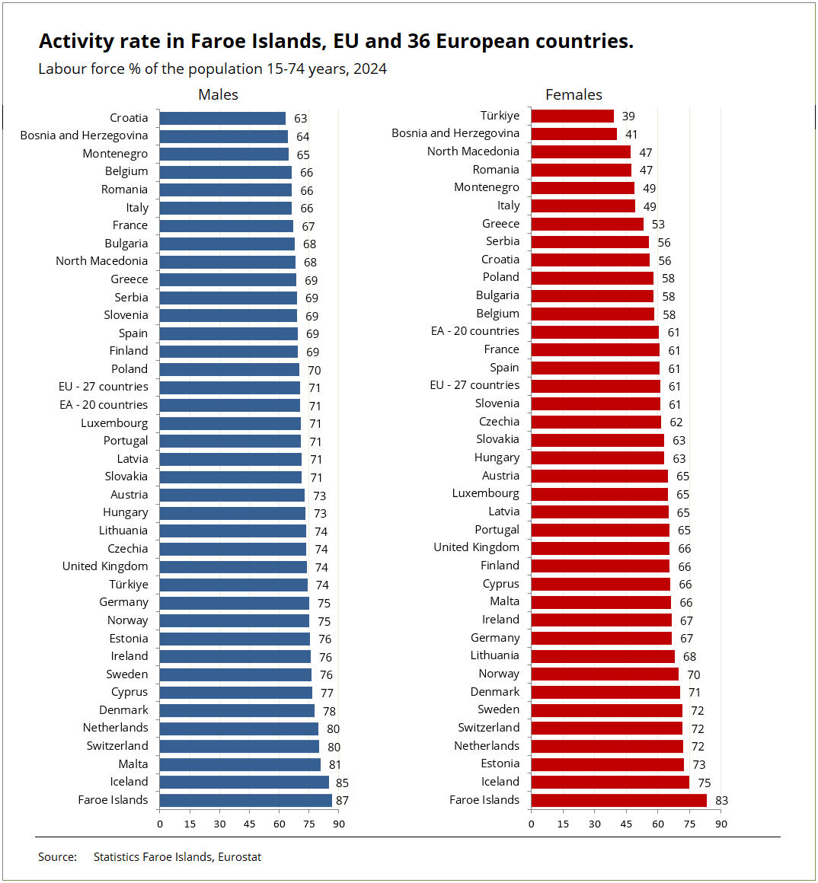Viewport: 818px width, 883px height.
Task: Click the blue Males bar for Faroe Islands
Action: click(245, 800)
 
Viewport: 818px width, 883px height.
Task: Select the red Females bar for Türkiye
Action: click(572, 116)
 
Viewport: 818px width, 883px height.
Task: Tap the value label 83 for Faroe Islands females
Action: click(721, 801)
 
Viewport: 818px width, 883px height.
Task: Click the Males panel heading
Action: click(218, 94)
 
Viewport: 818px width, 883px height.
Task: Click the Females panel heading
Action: click(574, 94)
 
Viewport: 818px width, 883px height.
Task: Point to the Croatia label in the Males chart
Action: click(129, 118)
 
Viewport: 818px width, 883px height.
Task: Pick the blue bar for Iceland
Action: click(244, 783)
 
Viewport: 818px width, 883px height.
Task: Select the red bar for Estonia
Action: click(607, 764)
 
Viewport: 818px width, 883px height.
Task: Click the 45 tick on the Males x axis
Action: click(250, 824)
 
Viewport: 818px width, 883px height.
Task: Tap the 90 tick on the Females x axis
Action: click(721, 824)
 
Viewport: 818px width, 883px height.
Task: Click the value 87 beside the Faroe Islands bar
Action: click(342, 801)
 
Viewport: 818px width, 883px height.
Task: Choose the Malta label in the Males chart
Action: click(133, 764)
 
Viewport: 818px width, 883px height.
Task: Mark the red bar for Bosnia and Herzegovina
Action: click(574, 134)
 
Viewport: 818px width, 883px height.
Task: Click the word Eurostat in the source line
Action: click(239, 857)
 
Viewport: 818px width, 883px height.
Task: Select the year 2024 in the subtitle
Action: click(369, 69)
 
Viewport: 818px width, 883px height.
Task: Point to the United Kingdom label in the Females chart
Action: click(476, 547)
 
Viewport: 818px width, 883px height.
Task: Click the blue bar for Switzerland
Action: click(239, 746)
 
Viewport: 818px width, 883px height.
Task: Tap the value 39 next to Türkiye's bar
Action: click(628, 116)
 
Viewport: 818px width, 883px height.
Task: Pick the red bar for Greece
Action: click(586, 224)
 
